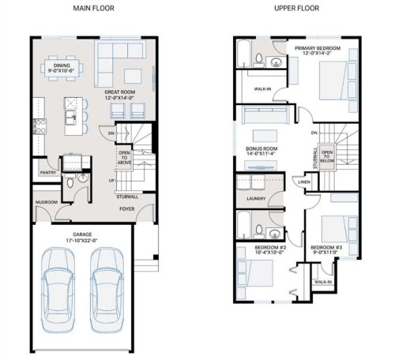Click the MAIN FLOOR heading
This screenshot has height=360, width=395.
point(93,9)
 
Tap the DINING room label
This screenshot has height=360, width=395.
point(58,66)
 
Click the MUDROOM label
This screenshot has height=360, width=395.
point(46,201)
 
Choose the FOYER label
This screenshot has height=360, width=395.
point(125,209)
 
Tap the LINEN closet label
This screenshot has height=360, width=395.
point(304,182)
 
